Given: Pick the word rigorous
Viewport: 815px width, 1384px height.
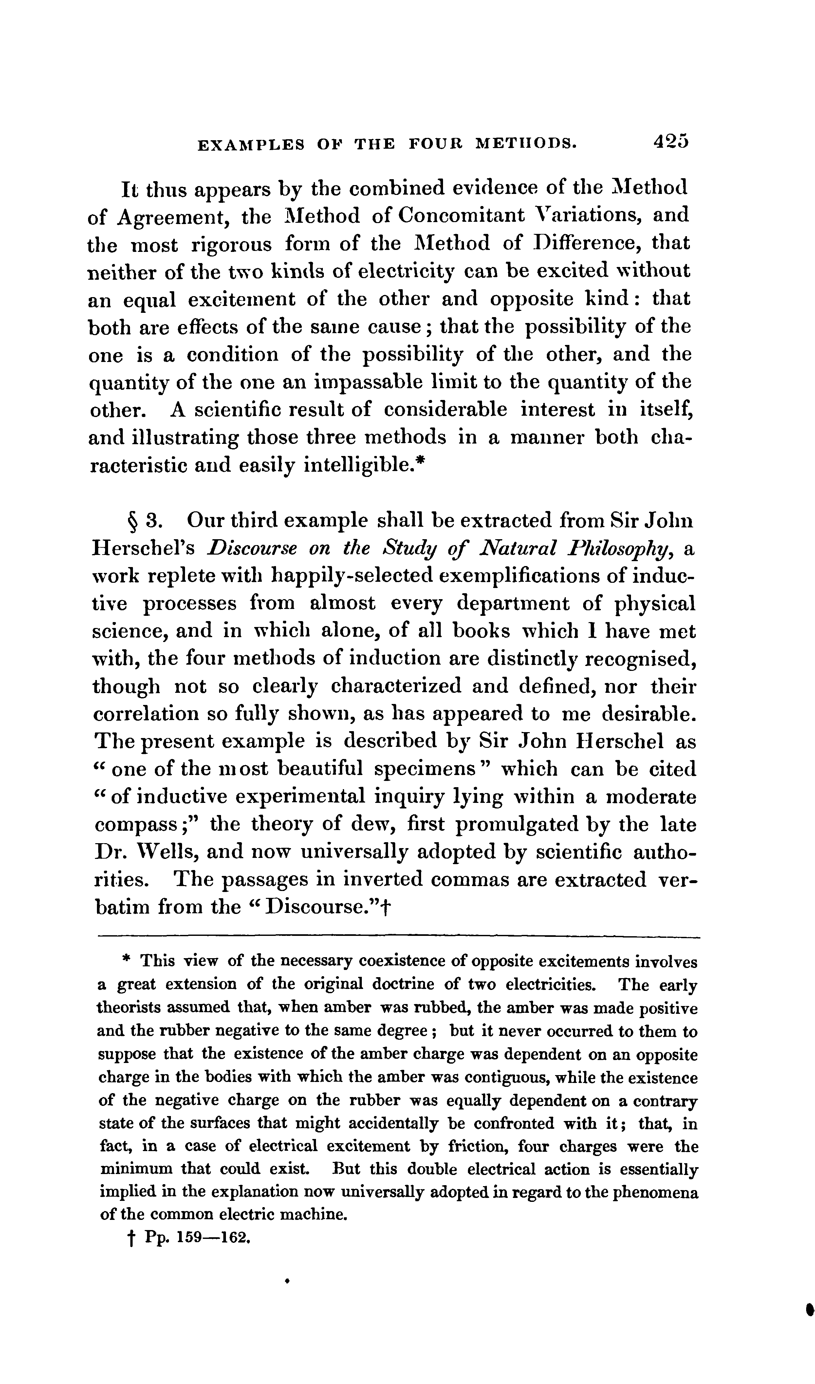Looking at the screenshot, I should point(231,244).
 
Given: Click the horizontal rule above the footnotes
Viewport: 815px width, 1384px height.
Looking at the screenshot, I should point(399,937).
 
